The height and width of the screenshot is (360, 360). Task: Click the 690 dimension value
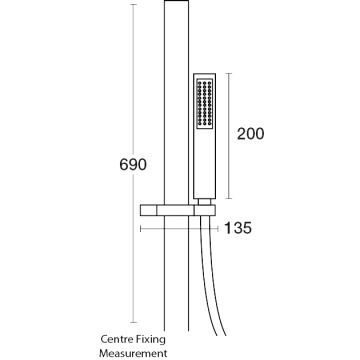[x=133, y=165]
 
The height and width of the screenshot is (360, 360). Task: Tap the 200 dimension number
[x=251, y=134]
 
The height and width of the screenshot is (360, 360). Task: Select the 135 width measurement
[x=238, y=228]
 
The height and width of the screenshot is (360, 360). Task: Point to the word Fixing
[x=150, y=340]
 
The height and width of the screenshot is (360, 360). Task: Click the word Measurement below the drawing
[x=133, y=353]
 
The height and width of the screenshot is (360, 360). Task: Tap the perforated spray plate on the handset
[x=205, y=103]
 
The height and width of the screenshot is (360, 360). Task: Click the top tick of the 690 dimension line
[x=133, y=5]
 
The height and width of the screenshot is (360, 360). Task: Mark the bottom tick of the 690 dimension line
[x=133, y=322]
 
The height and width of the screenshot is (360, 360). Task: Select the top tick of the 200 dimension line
[x=228, y=73]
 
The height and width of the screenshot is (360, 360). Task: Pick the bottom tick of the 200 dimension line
[x=228, y=198]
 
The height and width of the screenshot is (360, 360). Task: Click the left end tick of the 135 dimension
[x=141, y=228]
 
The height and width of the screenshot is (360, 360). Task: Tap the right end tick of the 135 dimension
[x=218, y=228]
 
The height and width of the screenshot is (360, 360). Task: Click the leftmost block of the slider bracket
[x=149, y=210]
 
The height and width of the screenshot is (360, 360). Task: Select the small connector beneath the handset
[x=204, y=202]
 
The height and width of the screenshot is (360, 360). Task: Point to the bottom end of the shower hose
[x=221, y=335]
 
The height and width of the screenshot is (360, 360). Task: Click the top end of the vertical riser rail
[x=176, y=1]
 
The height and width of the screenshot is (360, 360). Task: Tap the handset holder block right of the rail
[x=205, y=210]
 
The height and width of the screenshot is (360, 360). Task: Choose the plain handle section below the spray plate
[x=205, y=163]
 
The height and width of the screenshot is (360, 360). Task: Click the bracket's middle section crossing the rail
[x=176, y=210]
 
